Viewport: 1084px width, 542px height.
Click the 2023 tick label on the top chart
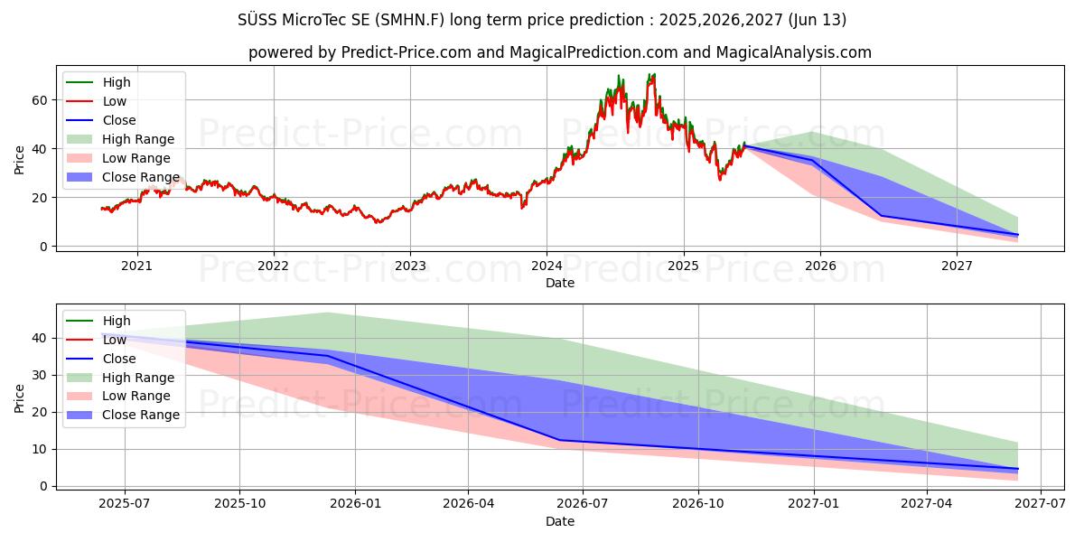pyautogui.click(x=409, y=266)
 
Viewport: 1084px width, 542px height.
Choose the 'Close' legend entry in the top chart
pyautogui.click(x=119, y=120)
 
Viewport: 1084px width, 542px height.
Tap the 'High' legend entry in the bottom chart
pyautogui.click(x=117, y=321)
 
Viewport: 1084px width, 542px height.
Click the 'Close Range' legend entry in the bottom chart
pyautogui.click(x=141, y=415)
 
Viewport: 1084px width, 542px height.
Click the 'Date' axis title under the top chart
pyautogui.click(x=560, y=283)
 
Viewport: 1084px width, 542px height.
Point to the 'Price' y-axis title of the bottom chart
pyautogui.click(x=20, y=397)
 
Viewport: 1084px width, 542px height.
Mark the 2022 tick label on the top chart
pyautogui.click(x=273, y=266)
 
